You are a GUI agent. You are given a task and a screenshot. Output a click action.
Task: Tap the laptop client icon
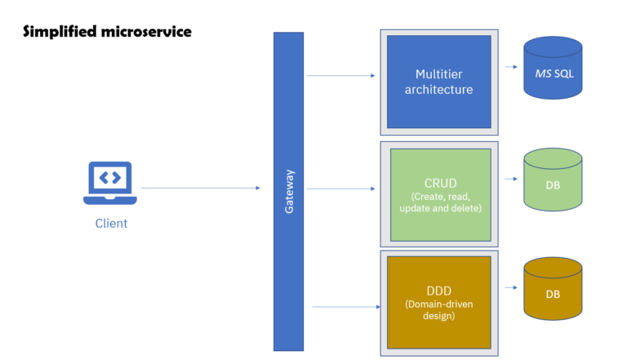pyautogui.click(x=110, y=182)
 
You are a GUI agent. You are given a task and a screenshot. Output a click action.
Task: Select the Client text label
pyautogui.click(x=111, y=223)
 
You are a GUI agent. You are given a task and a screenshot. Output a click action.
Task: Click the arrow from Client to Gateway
pyautogui.click(x=200, y=188)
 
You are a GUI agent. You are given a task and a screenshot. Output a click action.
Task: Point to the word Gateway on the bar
pyautogui.click(x=288, y=192)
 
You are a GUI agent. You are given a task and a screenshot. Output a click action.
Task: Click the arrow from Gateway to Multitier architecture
pyautogui.click(x=340, y=76)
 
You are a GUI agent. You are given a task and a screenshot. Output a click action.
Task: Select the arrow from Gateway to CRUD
pyautogui.click(x=340, y=189)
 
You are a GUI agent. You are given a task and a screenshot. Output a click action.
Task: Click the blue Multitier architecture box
pyautogui.click(x=438, y=82)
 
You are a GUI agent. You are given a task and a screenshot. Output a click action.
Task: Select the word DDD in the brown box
pyautogui.click(x=439, y=289)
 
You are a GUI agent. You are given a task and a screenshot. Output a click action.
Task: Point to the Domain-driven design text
pyautogui.click(x=439, y=309)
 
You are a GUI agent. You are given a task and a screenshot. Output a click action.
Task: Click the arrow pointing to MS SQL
pyautogui.click(x=512, y=69)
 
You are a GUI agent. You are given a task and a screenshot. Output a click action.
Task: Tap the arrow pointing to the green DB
pyautogui.click(x=512, y=179)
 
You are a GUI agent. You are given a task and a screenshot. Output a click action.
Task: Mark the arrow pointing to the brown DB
pyautogui.click(x=512, y=288)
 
